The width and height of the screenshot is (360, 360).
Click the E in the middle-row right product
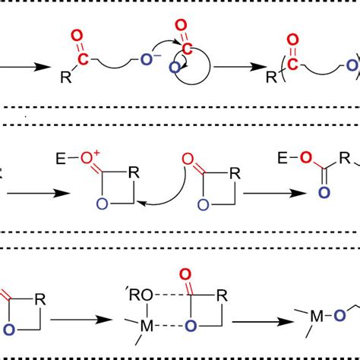coord(283,160)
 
